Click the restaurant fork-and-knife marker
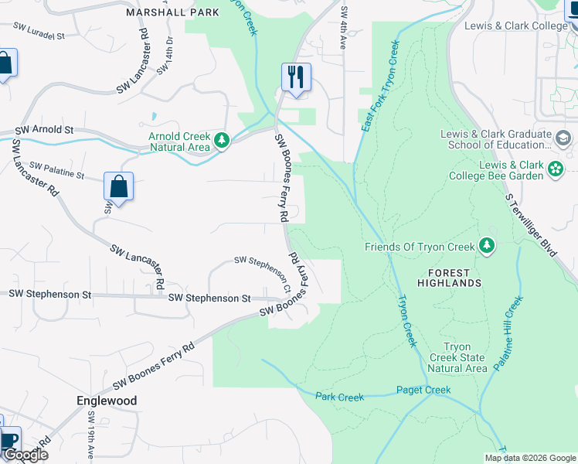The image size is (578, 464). pyautogui.click(x=296, y=77)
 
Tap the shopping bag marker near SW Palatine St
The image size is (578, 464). pyautogui.click(x=118, y=186)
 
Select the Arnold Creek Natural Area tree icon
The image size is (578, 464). pyautogui.click(x=223, y=140)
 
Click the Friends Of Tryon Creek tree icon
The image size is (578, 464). pyautogui.click(x=486, y=246)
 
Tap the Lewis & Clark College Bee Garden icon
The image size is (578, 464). pyautogui.click(x=555, y=168)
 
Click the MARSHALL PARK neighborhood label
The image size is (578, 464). pyautogui.click(x=162, y=12)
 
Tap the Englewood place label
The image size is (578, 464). pyautogui.click(x=107, y=401)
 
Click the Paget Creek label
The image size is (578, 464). pyautogui.click(x=423, y=390)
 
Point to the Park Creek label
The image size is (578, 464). pyautogui.click(x=339, y=397)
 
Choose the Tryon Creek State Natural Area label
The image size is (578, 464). pyautogui.click(x=464, y=357)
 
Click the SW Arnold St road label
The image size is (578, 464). pyautogui.click(x=44, y=131)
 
